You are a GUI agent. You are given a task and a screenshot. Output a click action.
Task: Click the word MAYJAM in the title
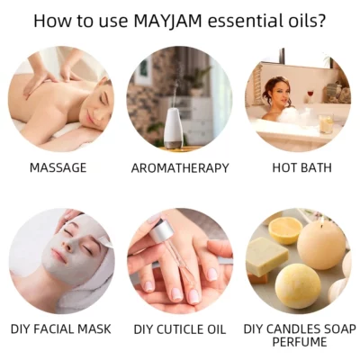[167, 21]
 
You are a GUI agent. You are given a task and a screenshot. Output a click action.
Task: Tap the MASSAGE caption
[58, 167]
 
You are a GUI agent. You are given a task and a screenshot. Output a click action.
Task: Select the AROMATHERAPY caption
[180, 168]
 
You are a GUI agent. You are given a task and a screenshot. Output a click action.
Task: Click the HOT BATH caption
[301, 167]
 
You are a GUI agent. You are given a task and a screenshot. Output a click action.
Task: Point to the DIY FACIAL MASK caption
[61, 329]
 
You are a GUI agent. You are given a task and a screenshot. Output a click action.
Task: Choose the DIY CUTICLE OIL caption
[179, 329]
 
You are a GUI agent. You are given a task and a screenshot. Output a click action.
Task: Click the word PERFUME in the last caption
[299, 342]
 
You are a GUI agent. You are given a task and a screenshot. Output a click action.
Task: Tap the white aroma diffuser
[175, 129]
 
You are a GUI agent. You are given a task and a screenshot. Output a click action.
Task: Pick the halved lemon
[284, 230]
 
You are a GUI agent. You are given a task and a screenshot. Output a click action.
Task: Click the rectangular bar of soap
[267, 256]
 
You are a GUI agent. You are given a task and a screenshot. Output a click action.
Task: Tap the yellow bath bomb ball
[298, 286]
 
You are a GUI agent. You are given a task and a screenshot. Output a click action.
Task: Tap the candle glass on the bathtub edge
[326, 123]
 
